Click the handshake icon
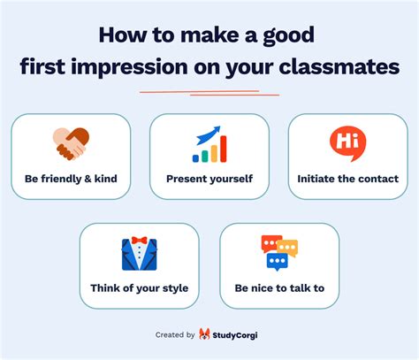[x=71, y=142]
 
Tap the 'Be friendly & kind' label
[x=71, y=179]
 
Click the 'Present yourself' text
[x=209, y=179]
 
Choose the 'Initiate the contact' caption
[x=347, y=179]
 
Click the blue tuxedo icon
[x=139, y=253]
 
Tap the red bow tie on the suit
[x=139, y=241]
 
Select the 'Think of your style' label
[x=139, y=288]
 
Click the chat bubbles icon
[x=279, y=252]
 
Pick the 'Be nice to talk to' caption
[x=279, y=288]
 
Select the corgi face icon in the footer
[x=204, y=334]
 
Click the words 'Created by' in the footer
[x=175, y=335]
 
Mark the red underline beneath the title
[x=209, y=91]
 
